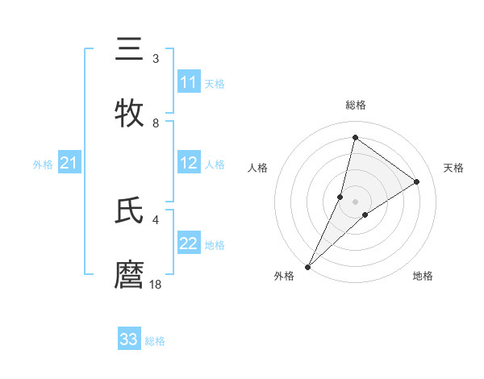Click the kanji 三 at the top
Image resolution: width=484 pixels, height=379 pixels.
click(x=130, y=49)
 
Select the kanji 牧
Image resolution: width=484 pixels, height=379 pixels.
click(x=130, y=114)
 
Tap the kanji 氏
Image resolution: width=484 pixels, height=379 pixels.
click(x=130, y=210)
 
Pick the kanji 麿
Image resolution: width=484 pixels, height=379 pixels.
click(x=130, y=275)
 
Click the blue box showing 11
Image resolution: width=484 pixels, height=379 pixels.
click(x=188, y=82)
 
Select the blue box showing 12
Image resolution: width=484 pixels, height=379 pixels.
click(x=188, y=163)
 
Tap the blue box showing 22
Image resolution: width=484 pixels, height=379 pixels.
click(x=188, y=244)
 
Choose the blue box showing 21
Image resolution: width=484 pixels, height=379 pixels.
click(x=69, y=164)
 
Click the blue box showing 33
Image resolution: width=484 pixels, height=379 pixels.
click(x=129, y=339)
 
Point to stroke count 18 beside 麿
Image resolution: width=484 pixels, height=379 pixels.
click(x=156, y=284)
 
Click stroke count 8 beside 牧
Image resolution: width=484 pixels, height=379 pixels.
click(x=156, y=123)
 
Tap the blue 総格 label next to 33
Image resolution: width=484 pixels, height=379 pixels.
click(x=155, y=341)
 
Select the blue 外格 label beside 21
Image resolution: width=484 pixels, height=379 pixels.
click(x=43, y=165)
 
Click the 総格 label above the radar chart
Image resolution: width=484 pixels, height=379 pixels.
click(x=356, y=105)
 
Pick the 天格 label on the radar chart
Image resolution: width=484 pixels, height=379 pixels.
click(x=453, y=168)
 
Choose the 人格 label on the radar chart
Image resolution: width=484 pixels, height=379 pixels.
click(x=257, y=168)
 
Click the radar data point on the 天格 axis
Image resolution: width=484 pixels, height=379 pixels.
click(x=417, y=181)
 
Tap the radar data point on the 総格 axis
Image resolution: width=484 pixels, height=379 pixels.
click(x=355, y=137)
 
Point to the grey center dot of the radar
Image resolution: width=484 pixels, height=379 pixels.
click(x=355, y=201)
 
